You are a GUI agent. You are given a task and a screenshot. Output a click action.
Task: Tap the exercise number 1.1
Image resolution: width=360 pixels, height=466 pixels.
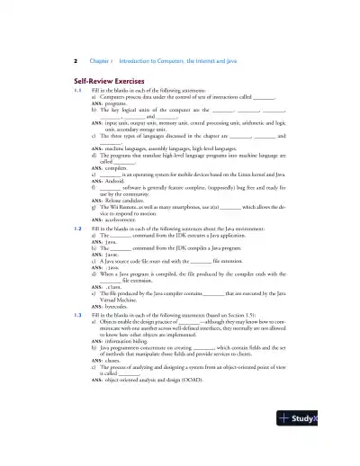pos(78,91)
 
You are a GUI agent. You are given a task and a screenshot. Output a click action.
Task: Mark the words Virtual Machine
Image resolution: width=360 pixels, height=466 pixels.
pos(121,297)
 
